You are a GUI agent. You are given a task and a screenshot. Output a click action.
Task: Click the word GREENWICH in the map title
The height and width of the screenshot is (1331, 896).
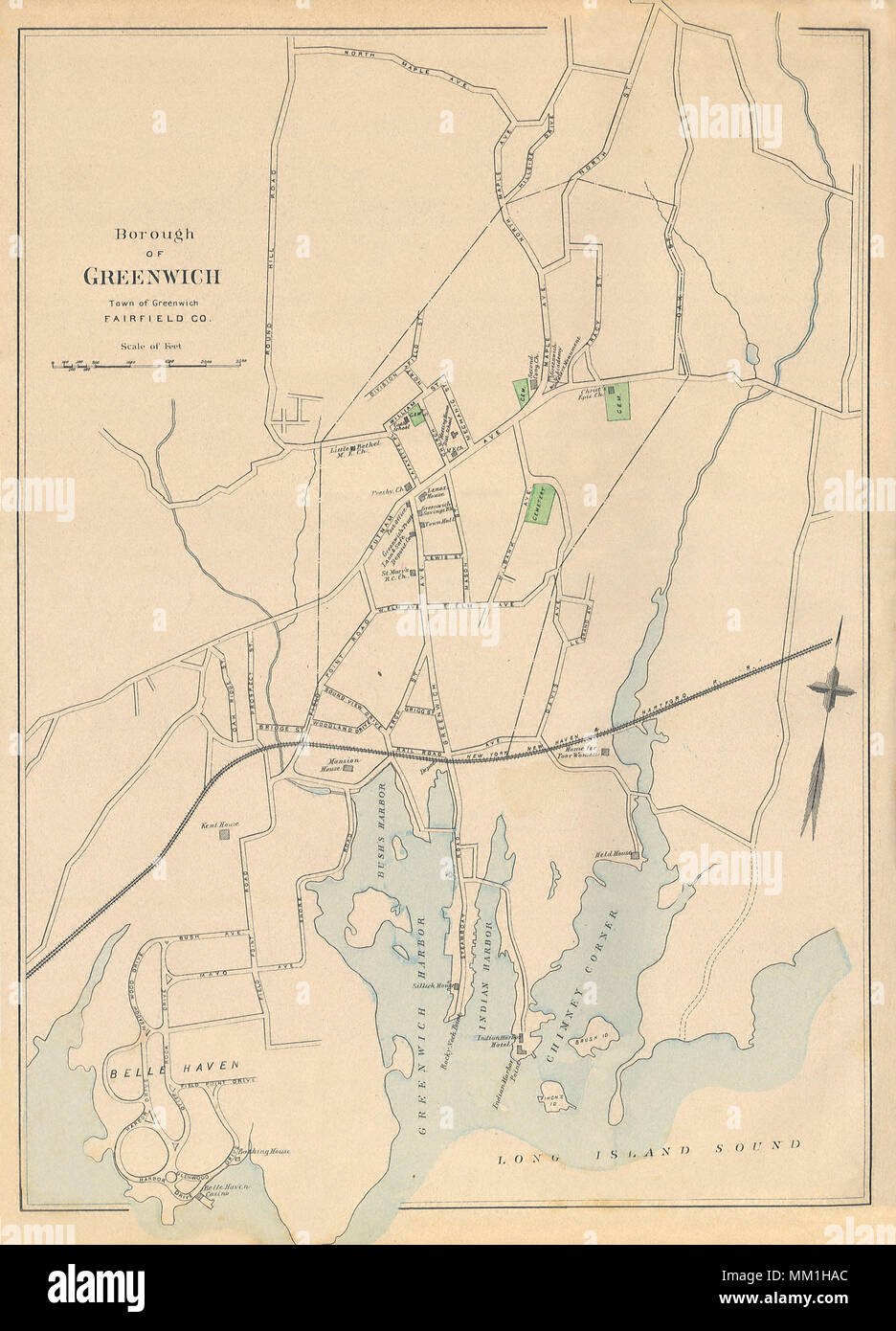click(153, 277)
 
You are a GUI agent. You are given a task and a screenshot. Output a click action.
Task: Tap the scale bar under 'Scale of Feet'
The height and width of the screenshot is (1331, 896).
click(148, 364)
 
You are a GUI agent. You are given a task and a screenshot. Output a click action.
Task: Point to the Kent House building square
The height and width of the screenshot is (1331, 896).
click(225, 834)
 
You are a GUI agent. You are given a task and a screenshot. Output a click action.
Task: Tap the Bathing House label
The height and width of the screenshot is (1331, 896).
click(261, 1152)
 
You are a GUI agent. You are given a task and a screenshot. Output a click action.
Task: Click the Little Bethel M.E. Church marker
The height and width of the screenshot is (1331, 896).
click(353, 447)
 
